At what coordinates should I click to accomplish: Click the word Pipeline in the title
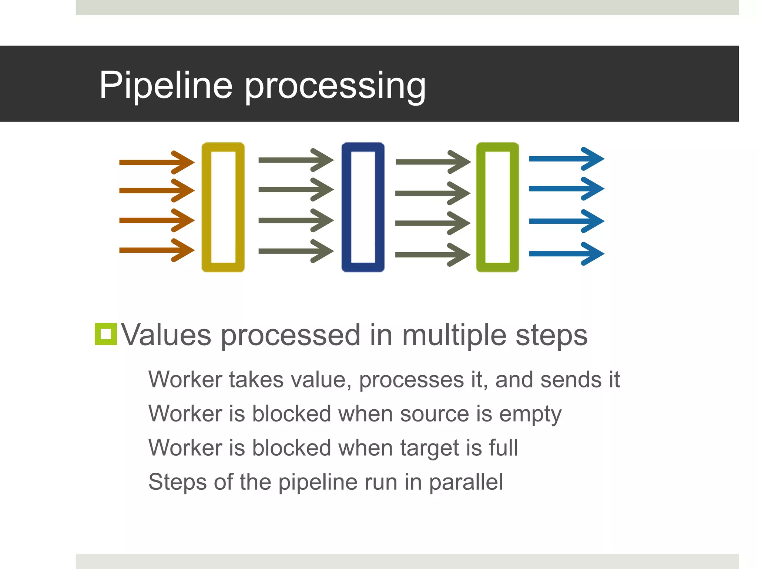click(165, 85)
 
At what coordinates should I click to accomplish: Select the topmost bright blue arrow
click(566, 159)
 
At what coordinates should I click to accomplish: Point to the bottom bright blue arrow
click(566, 254)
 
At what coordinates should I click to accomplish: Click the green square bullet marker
click(106, 334)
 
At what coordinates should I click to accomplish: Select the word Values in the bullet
click(166, 335)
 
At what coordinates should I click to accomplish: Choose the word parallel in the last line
click(466, 482)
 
